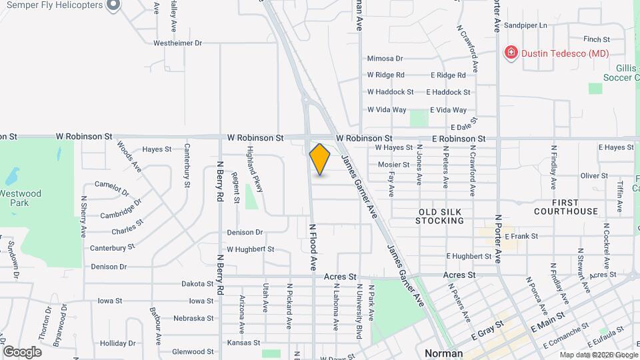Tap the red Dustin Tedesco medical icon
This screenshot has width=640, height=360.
pyautogui.click(x=511, y=52)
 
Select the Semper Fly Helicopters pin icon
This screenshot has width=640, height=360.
pyautogui.click(x=113, y=5)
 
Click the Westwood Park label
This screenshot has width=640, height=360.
pyautogui.click(x=21, y=198)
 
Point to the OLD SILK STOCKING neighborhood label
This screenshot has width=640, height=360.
pyautogui.click(x=440, y=216)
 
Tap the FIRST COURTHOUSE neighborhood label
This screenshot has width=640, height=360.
pyautogui.click(x=566, y=206)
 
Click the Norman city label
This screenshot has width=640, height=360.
pyautogui.click(x=444, y=353)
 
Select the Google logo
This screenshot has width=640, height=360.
pyautogui.click(x=22, y=351)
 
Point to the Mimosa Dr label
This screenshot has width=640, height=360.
pyautogui.click(x=385, y=59)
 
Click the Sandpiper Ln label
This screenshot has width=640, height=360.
pyautogui.click(x=525, y=25)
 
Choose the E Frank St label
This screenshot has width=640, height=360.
pyautogui.click(x=521, y=236)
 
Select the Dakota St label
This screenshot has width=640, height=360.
pyautogui.click(x=197, y=283)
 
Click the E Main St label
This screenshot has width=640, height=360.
pyautogui.click(x=547, y=323)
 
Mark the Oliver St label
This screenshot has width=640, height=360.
pyautogui.click(x=591, y=176)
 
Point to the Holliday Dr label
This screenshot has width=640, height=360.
pyautogui.click(x=118, y=343)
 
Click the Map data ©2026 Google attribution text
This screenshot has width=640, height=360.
pyautogui.click(x=598, y=355)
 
